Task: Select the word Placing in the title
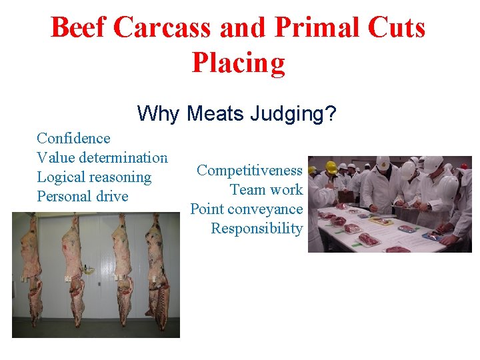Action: (238, 63)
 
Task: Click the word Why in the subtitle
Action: (159, 114)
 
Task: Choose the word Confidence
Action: (73, 139)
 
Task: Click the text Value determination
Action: (102, 158)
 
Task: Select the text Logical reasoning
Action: (94, 177)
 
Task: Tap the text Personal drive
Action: (83, 197)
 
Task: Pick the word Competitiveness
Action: (250, 171)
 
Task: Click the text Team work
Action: (266, 190)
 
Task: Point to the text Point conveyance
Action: (247, 209)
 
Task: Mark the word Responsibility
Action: (257, 229)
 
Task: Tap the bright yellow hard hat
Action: (331, 167)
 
